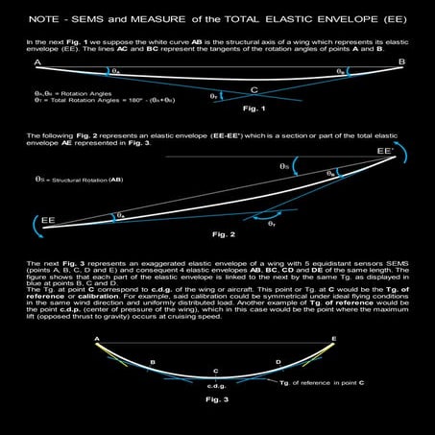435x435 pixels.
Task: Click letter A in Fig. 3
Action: click(98, 339)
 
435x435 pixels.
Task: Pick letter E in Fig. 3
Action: click(332, 339)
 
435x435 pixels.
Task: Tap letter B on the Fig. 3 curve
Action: click(153, 361)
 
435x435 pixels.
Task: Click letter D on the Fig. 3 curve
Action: click(278, 362)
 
